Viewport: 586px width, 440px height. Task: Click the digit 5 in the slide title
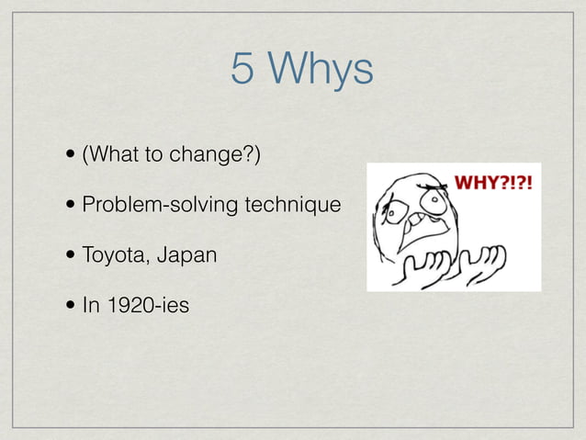coord(242,70)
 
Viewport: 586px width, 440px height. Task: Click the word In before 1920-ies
coord(90,304)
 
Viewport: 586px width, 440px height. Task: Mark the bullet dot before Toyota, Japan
coord(71,254)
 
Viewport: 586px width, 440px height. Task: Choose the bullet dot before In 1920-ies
coord(71,305)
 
